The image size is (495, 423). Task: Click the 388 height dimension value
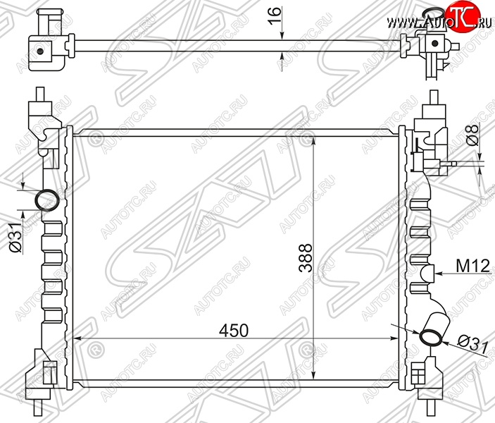tap(306, 257)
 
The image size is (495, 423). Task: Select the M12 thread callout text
tap(473, 266)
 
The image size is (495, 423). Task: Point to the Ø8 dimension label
tap(473, 135)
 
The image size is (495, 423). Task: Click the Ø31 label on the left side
tap(15, 237)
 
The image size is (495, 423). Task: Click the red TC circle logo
tap(462, 16)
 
